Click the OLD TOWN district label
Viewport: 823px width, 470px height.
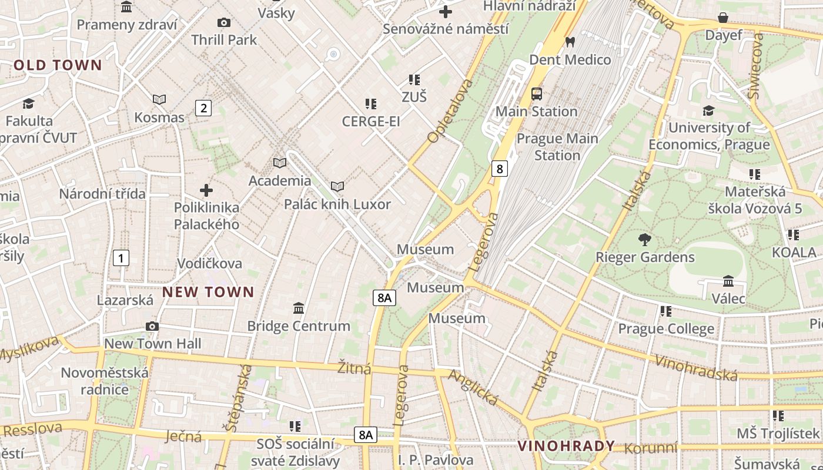[x=58, y=65]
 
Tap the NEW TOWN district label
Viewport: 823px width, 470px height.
[x=208, y=292]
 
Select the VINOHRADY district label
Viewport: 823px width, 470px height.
[x=566, y=446]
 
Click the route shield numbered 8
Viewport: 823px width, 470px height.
[x=499, y=169]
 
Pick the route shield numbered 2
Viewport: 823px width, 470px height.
[x=203, y=108]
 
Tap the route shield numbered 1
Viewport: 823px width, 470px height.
[x=121, y=258]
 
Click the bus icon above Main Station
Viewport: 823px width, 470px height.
[x=536, y=94]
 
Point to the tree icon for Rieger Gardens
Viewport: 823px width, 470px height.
[x=645, y=240]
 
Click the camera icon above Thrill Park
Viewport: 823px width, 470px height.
[x=224, y=23]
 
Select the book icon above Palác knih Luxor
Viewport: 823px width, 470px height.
[x=337, y=187]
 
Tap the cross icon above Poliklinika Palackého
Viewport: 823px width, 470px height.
[x=206, y=190]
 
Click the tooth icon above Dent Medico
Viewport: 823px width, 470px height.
[x=569, y=42]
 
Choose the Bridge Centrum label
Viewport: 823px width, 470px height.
[x=298, y=326]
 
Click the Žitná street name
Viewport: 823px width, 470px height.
[x=354, y=368]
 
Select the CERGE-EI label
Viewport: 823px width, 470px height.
[x=371, y=122]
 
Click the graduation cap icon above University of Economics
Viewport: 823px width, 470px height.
[x=708, y=111]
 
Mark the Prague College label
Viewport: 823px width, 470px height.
[x=666, y=329]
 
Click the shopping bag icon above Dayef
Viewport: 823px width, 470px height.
[x=723, y=18]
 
